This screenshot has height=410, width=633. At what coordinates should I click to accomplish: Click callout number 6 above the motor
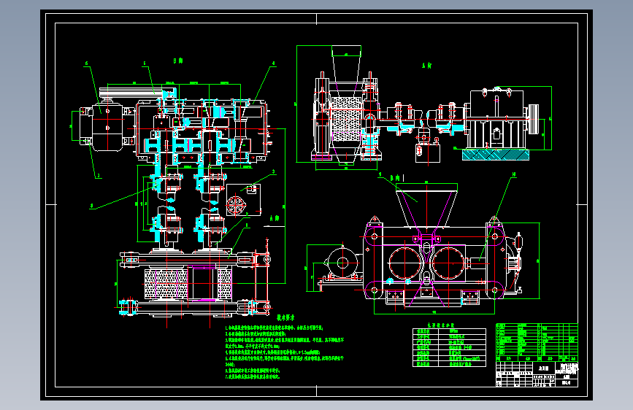[87, 63]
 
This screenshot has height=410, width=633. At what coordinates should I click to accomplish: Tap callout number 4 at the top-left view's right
[273, 63]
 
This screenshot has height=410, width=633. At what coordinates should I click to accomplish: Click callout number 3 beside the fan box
[273, 172]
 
